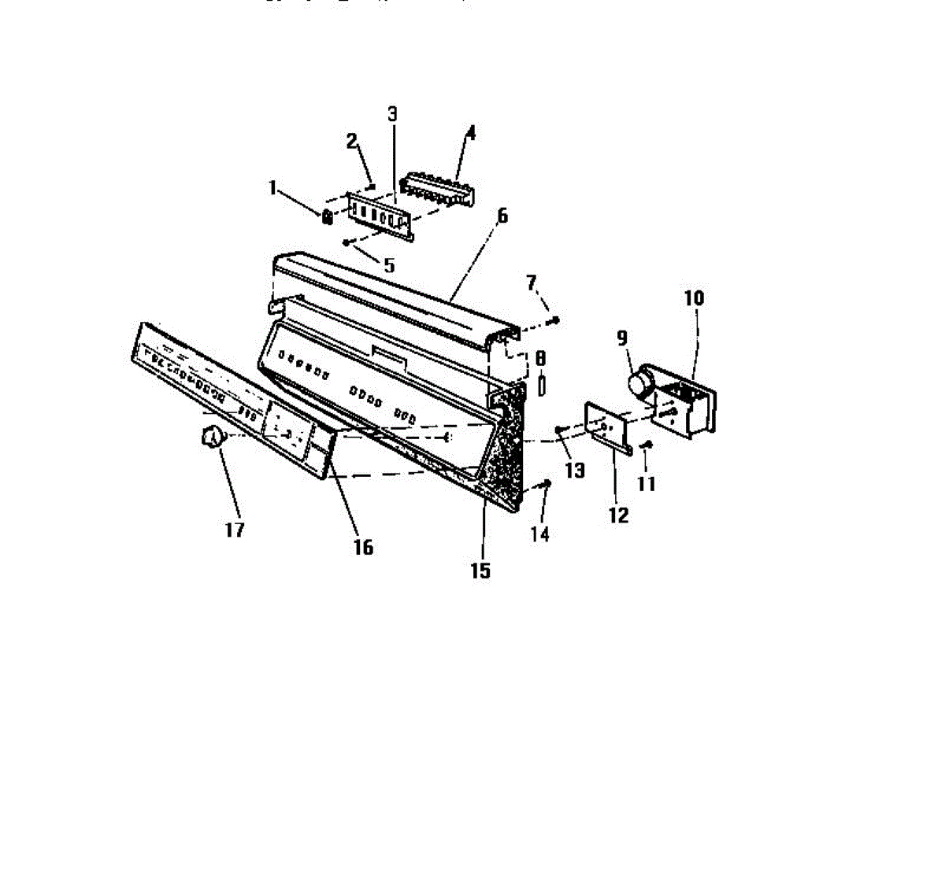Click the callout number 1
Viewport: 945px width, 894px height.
[x=273, y=187]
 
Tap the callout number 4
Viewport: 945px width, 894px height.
[x=470, y=132]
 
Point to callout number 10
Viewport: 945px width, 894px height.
[x=694, y=297]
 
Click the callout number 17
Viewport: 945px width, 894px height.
[x=235, y=530]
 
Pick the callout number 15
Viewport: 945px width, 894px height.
[x=480, y=571]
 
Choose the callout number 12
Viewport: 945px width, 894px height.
[x=619, y=515]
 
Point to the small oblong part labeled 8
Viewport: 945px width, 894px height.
[x=541, y=386]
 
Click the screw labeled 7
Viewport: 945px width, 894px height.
[x=556, y=320]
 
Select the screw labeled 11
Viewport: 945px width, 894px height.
[x=647, y=445]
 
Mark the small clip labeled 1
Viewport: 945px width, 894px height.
[x=325, y=216]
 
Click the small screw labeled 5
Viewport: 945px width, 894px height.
[x=346, y=243]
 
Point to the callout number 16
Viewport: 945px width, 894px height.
[x=363, y=546]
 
